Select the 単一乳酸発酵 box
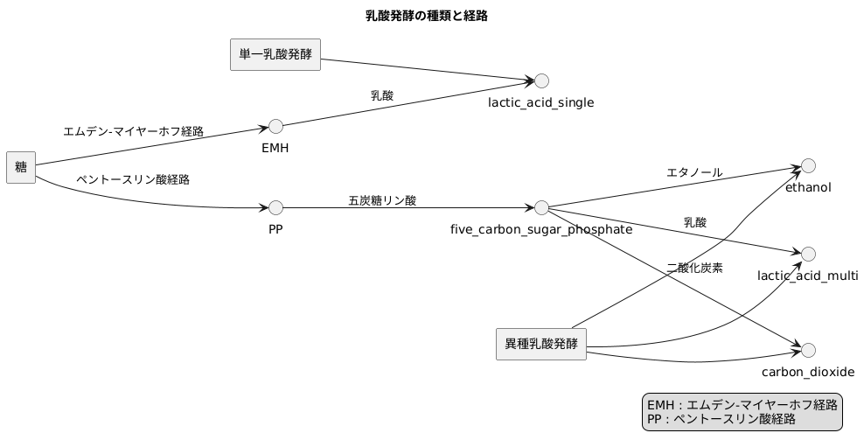click(275, 54)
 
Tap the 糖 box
click(20, 167)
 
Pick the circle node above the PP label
click(275, 208)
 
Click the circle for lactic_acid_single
click(541, 81)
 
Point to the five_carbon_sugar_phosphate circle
click(541, 208)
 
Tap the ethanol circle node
click(808, 165)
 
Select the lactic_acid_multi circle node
click(808, 254)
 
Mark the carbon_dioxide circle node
click(808, 350)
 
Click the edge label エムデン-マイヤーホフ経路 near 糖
click(133, 131)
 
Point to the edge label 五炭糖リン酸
click(382, 200)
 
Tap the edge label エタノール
click(694, 172)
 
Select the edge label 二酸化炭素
click(694, 268)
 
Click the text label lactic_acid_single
click(541, 102)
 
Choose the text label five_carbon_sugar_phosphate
click(541, 229)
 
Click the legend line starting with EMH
click(742, 404)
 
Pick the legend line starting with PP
click(721, 419)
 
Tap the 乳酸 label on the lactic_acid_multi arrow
click(694, 222)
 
